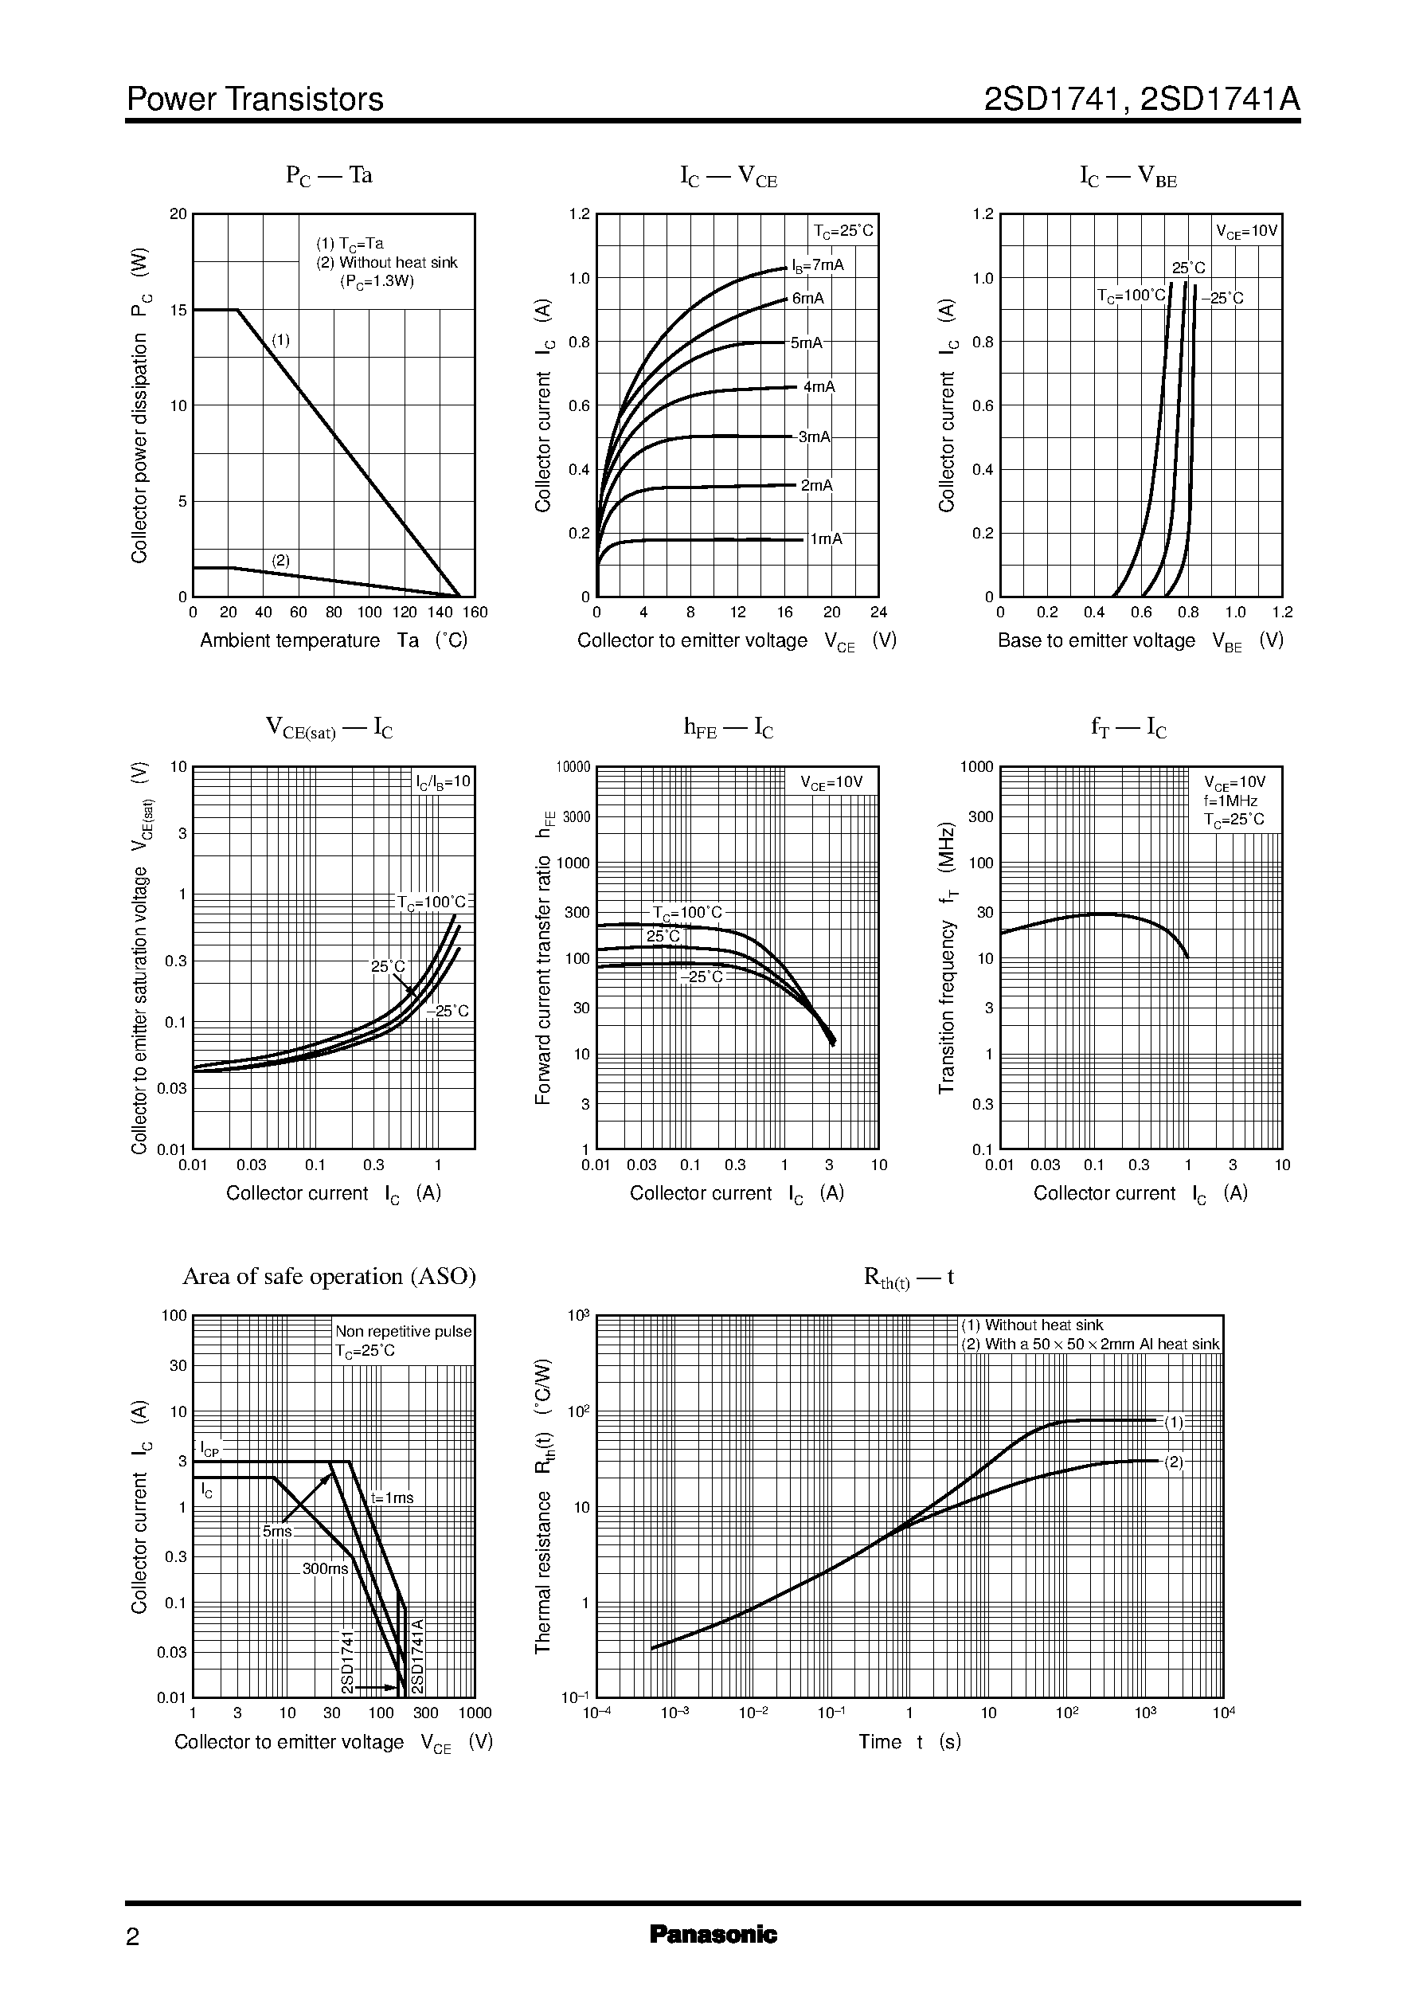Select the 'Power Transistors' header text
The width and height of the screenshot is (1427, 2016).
255,100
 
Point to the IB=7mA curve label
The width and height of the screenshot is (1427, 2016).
817,264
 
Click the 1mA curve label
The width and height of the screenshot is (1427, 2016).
825,538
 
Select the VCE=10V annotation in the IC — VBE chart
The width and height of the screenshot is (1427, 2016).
1247,232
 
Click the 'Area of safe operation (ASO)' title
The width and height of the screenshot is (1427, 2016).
329,1276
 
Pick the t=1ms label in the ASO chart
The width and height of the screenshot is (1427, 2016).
392,1497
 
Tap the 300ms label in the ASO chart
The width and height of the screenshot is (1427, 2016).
325,1568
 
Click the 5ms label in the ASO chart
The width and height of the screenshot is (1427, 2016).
277,1531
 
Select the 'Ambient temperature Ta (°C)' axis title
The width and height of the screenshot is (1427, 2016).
333,640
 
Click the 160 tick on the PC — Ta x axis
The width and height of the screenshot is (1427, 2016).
475,612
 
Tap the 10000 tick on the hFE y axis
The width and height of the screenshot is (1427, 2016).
573,766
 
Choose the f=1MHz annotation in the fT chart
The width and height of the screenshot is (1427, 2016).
1230,801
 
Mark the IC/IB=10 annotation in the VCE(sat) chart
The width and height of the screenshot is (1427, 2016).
444,781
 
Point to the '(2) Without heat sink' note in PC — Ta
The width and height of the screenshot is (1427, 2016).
387,262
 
